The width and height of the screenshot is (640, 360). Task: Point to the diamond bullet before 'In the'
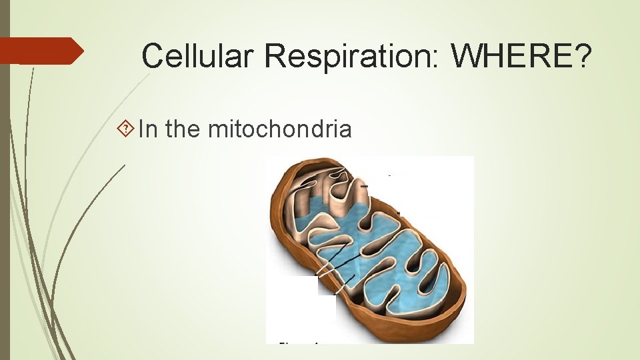(129, 129)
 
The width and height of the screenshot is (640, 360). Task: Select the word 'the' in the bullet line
(183, 128)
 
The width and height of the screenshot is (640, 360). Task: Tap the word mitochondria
(279, 128)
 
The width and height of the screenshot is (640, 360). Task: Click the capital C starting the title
(153, 56)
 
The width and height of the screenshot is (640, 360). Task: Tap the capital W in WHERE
(467, 56)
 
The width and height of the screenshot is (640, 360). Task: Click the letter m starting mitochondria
(217, 129)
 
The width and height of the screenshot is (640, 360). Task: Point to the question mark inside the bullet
(129, 129)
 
